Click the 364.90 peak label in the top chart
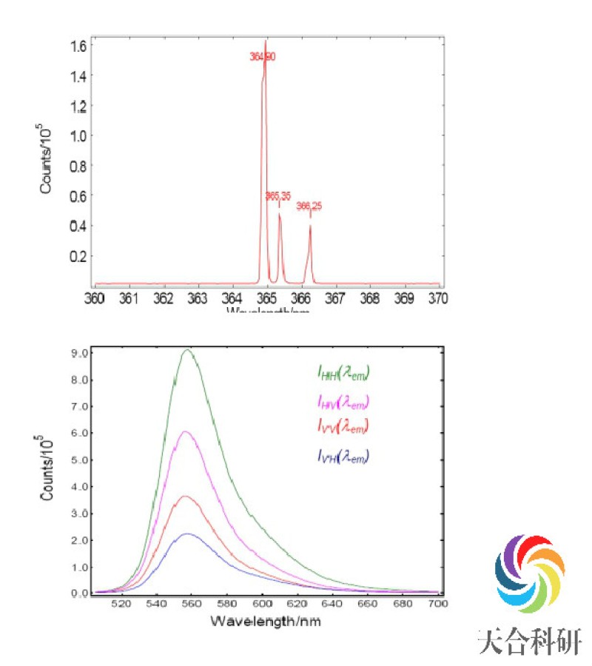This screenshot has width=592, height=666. [x=263, y=56]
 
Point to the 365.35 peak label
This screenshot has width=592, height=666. [x=278, y=195]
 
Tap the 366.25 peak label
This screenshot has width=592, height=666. [x=309, y=206]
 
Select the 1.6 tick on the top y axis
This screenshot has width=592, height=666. [x=78, y=46]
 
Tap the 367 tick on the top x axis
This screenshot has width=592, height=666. [x=335, y=297]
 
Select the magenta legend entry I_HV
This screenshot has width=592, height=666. [x=341, y=403]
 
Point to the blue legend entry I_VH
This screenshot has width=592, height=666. [x=341, y=458]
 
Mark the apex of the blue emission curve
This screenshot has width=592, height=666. [x=188, y=534]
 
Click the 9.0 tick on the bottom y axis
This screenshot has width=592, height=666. [x=78, y=354]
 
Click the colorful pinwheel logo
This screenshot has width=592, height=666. [x=529, y=571]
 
